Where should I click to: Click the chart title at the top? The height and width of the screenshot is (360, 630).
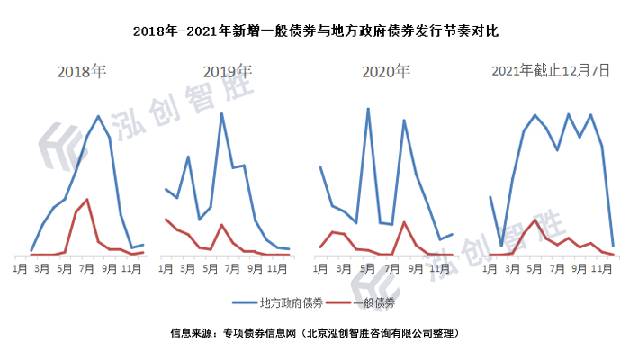point(315,31)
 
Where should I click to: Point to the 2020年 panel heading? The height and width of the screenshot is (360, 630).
point(386,71)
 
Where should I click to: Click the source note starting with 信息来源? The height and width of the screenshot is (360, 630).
point(315,333)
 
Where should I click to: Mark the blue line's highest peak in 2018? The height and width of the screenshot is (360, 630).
point(98,116)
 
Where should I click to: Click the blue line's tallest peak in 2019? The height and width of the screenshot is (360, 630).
point(221,113)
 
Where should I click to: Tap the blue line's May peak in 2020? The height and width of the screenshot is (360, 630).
point(368,109)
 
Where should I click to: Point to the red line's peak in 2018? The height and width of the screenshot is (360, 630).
point(87,199)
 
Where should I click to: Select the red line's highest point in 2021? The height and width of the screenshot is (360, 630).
point(535,220)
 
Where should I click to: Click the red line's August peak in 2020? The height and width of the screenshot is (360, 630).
point(404,222)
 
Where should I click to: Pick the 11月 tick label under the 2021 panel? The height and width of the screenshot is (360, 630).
point(590,266)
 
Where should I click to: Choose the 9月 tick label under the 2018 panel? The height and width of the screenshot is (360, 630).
point(110,266)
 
